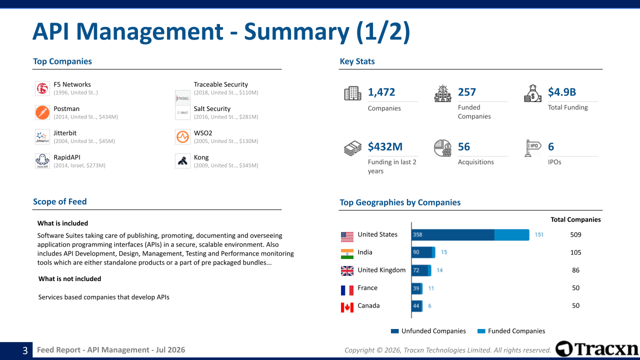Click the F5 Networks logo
(x=42, y=88)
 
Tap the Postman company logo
(x=42, y=112)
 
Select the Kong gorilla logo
(x=182, y=161)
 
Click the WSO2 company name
(x=203, y=133)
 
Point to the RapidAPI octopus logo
(x=42, y=161)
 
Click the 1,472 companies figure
(x=381, y=92)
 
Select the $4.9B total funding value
(x=561, y=92)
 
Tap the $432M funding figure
(x=385, y=146)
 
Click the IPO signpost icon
(x=532, y=148)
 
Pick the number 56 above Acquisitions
(x=463, y=146)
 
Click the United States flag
(x=347, y=237)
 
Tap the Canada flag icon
(x=347, y=307)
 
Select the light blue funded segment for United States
(x=511, y=235)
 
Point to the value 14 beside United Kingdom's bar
(x=439, y=270)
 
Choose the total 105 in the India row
(x=575, y=252)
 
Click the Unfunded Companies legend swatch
(x=394, y=331)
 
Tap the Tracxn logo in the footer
(x=597, y=349)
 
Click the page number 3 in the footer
(x=25, y=350)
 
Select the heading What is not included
(x=69, y=279)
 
